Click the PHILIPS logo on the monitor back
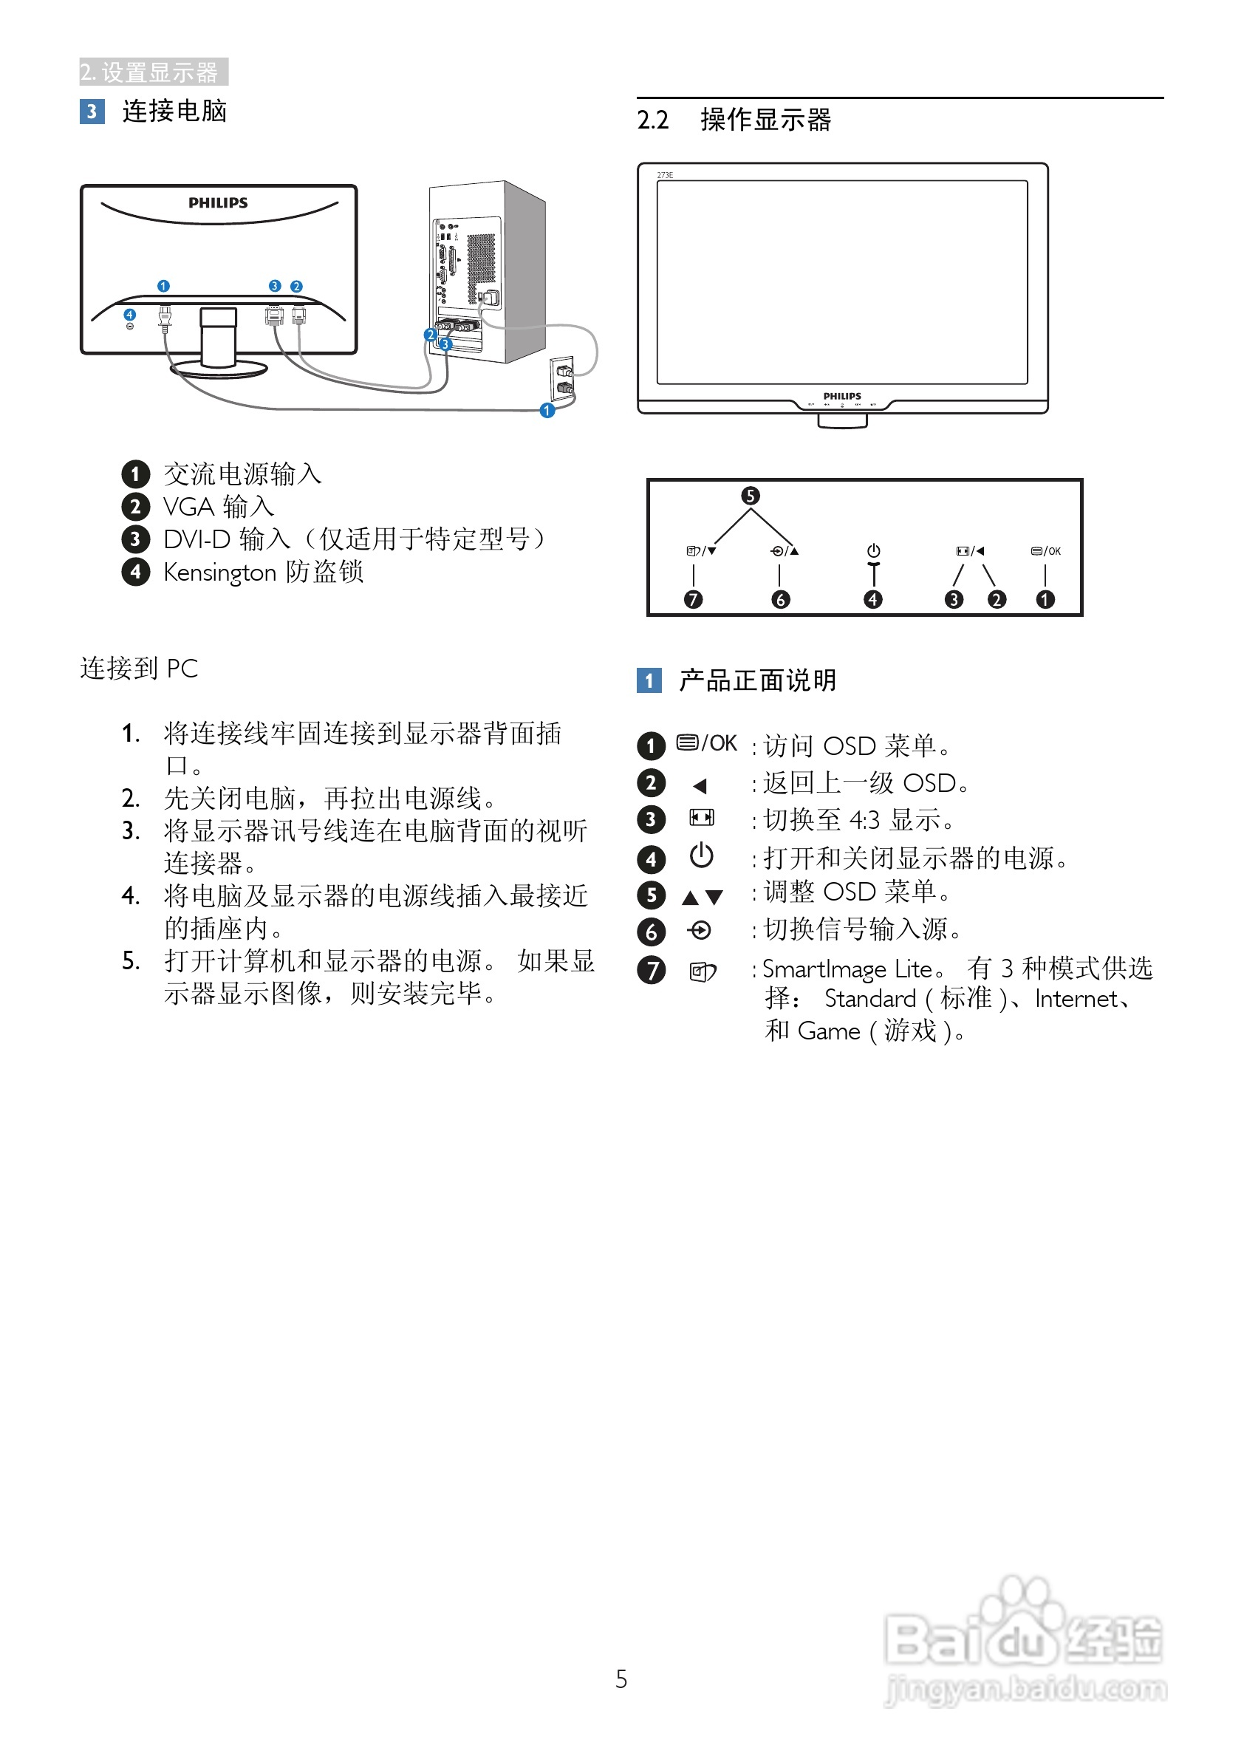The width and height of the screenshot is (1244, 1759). [x=219, y=203]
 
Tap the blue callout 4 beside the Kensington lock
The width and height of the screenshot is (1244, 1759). [x=129, y=315]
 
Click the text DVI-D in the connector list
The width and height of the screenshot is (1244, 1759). [x=196, y=540]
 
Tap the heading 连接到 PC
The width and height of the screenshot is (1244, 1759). [x=140, y=669]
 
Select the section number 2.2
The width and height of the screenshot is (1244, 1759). [x=652, y=120]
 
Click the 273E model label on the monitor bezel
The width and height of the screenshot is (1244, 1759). [x=665, y=175]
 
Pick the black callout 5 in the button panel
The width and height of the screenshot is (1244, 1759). [x=751, y=496]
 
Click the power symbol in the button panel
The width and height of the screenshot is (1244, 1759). [x=873, y=551]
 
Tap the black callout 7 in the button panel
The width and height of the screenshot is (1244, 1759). [x=693, y=600]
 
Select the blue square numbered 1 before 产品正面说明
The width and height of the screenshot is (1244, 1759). [x=649, y=680]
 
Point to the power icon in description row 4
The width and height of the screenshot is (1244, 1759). [x=702, y=855]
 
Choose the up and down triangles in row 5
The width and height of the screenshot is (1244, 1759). [x=703, y=897]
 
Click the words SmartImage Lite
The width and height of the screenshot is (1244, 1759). [x=847, y=970]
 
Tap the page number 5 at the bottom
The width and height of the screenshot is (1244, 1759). [x=621, y=1679]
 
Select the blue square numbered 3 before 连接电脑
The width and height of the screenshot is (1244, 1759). [x=92, y=112]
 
